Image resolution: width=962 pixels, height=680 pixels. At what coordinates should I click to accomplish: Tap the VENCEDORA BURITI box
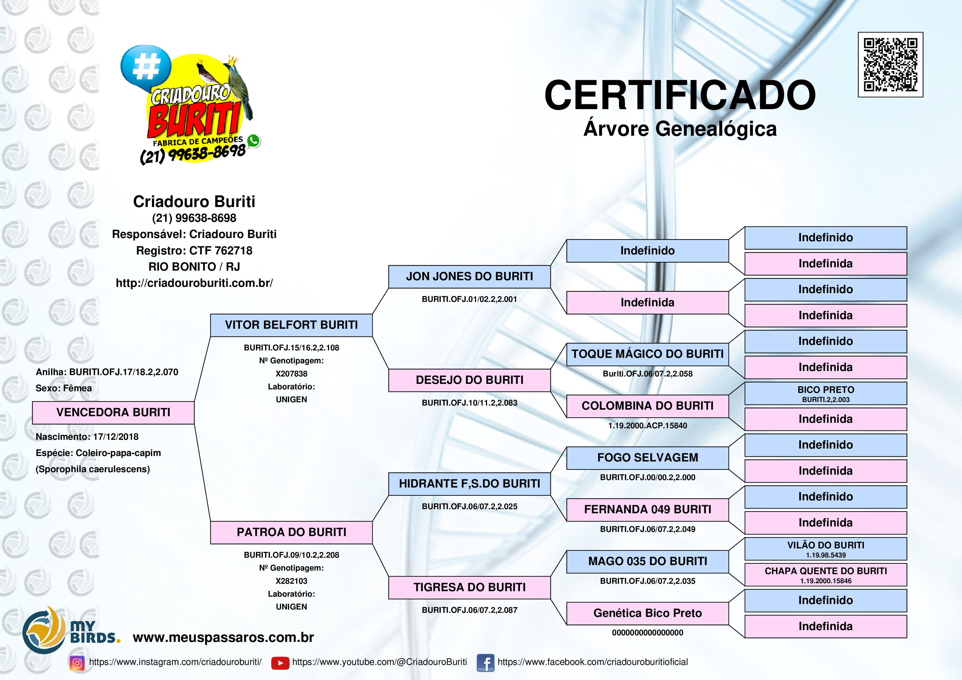(113, 412)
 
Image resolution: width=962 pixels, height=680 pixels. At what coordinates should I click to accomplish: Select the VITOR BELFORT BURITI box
(291, 325)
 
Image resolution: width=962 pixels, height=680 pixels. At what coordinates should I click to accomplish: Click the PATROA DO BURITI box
(291, 532)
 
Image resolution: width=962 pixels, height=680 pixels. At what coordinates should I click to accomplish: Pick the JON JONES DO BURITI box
(469, 277)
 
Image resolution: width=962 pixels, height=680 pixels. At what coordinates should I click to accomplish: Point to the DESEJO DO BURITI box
(469, 380)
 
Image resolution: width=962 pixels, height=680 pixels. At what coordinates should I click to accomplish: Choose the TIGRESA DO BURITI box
(469, 587)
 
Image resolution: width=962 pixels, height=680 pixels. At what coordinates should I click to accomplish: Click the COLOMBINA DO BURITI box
(647, 406)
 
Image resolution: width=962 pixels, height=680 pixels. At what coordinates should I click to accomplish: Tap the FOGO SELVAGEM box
(647, 458)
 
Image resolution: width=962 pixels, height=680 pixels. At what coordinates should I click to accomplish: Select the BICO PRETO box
(825, 393)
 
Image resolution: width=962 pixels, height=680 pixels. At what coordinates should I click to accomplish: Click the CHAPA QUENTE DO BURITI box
(825, 574)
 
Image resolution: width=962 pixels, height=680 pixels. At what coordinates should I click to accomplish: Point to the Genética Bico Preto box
(647, 613)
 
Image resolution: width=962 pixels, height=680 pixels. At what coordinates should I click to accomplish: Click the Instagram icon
(77, 663)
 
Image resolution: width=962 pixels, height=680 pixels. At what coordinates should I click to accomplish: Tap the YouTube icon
(280, 663)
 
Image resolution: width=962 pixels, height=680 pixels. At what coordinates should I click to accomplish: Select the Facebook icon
(486, 663)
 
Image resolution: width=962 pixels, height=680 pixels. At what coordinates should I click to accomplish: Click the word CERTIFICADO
(680, 95)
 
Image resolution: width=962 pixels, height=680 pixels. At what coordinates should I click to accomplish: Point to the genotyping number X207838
(291, 374)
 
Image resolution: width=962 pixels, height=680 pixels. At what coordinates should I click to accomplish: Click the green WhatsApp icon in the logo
(253, 141)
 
